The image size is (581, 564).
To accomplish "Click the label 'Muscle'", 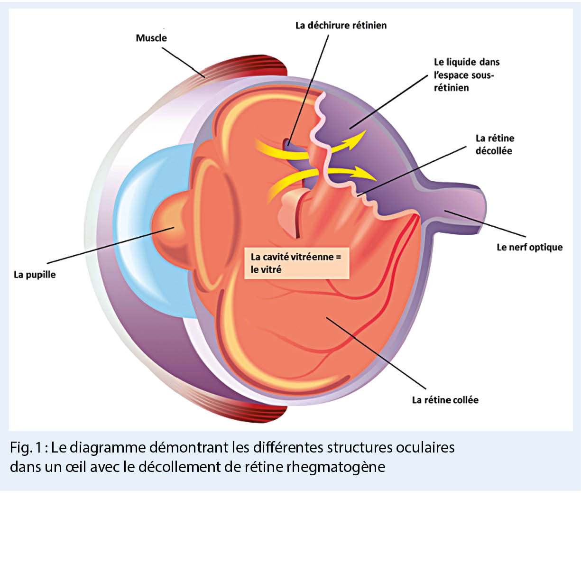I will pyautogui.click(x=151, y=38).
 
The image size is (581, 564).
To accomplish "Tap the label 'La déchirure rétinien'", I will pyautogui.click(x=341, y=26).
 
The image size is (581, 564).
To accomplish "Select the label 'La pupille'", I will pyautogui.click(x=35, y=275).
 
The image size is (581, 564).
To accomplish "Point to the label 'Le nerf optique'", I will pyautogui.click(x=529, y=247).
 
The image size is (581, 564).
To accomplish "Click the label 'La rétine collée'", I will pyautogui.click(x=445, y=400).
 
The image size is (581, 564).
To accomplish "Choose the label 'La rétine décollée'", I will pyautogui.click(x=494, y=144).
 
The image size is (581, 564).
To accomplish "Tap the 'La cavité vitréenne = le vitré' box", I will pyautogui.click(x=296, y=263).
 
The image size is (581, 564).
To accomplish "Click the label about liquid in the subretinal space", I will pyautogui.click(x=466, y=74).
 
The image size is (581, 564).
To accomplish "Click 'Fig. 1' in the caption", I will pyautogui.click(x=27, y=447).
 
